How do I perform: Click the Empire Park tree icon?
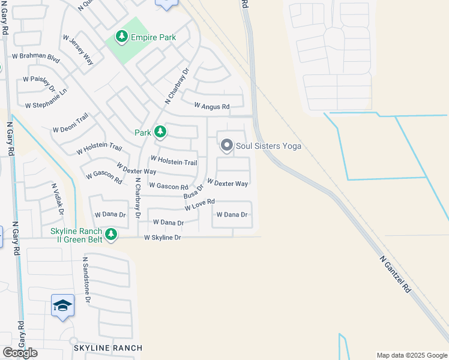coord(122,37)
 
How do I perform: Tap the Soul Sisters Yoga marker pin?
coord(227,146)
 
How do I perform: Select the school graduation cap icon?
coord(63,305)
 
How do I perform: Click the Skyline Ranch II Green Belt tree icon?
coord(111,235)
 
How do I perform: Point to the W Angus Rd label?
coord(212,106)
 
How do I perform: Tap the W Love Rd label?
coord(200,205)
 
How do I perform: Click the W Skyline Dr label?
coord(162,238)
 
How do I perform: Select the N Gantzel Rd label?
coord(396,275)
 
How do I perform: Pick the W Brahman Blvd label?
coord(36,57)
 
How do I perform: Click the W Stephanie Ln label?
coord(46,100)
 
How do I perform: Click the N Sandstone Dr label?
coord(87,279)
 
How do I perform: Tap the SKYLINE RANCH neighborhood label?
coord(108,348)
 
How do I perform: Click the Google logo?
coord(20,353)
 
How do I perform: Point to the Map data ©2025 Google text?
coord(412,355)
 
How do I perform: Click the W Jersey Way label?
coord(79,50)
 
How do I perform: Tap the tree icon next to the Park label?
coord(160,131)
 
